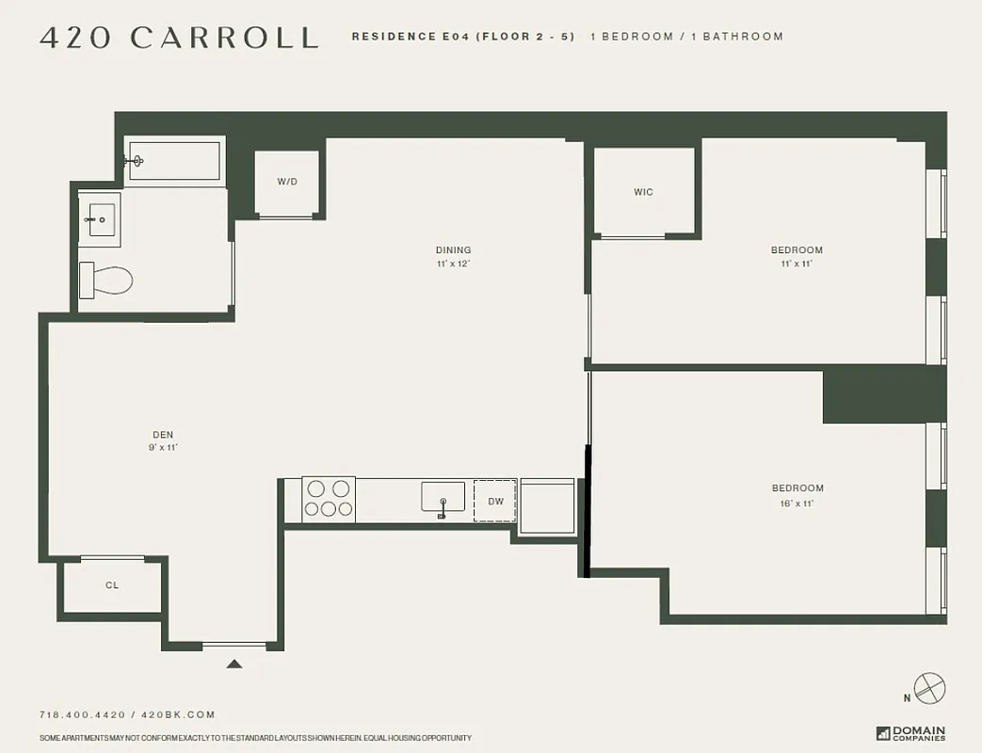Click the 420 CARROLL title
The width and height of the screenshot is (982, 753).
click(179, 37)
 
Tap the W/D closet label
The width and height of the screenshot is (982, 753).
click(287, 182)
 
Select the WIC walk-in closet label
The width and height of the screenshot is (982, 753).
click(643, 192)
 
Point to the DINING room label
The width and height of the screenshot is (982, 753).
click(453, 250)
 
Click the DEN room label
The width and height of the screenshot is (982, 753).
click(163, 435)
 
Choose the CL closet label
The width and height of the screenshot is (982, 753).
click(112, 585)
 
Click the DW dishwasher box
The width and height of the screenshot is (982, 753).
click(495, 501)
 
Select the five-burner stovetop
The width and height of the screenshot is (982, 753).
click(329, 499)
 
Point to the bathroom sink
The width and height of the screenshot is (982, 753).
click(101, 220)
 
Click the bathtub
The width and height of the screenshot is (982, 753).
click(175, 161)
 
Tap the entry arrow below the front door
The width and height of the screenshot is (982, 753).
click(234, 664)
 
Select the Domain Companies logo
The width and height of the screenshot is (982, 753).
click(910, 733)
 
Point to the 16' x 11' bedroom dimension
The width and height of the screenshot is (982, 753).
click(797, 504)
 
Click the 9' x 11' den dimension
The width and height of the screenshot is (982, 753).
click(163, 448)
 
